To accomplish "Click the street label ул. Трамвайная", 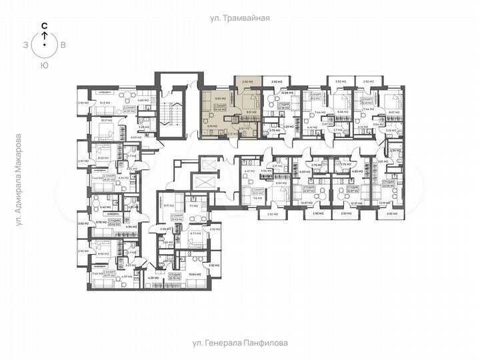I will pyautogui.click(x=240, y=19).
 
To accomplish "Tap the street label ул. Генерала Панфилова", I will pyautogui.click(x=240, y=343).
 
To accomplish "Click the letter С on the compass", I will pyautogui.click(x=44, y=26).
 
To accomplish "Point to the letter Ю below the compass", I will pyautogui.click(x=44, y=65).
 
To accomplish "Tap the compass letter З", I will pyautogui.click(x=25, y=45).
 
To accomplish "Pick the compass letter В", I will pyautogui.click(x=63, y=45).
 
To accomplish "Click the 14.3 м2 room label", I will pyautogui.click(x=103, y=103).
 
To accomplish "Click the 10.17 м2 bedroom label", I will pyautogui.click(x=105, y=121).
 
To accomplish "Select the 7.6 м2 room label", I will pyautogui.click(x=257, y=197).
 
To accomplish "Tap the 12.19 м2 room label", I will pyautogui.click(x=384, y=203).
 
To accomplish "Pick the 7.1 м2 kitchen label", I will pyautogui.click(x=194, y=207).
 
